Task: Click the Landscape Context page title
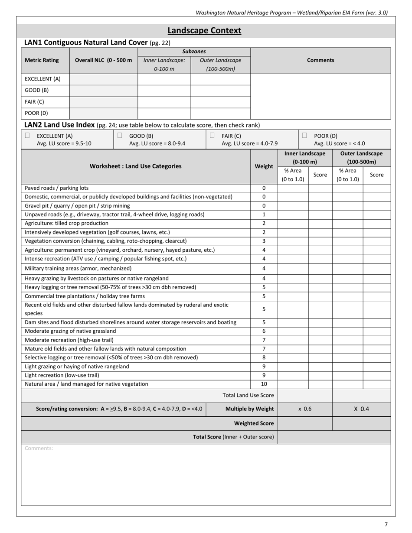tap(204, 31)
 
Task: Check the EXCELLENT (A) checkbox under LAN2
tap(27, 136)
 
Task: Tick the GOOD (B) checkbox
tap(120, 136)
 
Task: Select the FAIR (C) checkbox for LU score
tap(212, 136)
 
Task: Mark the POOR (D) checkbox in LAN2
tap(304, 136)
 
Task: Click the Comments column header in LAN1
tap(320, 60)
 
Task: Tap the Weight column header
tap(264, 166)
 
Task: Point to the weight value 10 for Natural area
tap(264, 384)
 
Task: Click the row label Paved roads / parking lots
tap(57, 188)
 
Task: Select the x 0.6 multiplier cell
tap(305, 409)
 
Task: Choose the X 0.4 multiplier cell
tap(361, 409)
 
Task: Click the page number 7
tap(386, 524)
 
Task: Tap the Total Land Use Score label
tap(248, 395)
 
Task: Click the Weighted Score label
tap(254, 423)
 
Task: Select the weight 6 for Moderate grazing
tap(264, 331)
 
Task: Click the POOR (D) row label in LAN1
tap(36, 113)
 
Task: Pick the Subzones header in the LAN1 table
tap(194, 52)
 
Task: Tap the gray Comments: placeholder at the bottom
tap(39, 448)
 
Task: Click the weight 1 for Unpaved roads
tap(264, 214)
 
